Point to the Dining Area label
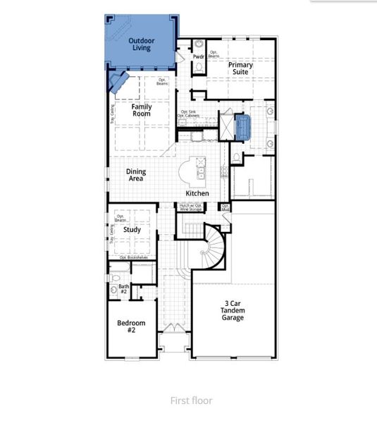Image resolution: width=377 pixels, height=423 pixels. (x=136, y=175)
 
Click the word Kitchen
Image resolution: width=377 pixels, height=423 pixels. (x=197, y=193)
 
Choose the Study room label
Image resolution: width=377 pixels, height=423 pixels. (x=132, y=230)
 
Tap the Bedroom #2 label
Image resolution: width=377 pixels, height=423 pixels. (x=131, y=327)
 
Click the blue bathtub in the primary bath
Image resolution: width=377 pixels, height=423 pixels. (x=244, y=127)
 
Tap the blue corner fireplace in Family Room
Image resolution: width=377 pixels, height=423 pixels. (x=117, y=82)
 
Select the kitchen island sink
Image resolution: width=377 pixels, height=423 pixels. (x=200, y=170)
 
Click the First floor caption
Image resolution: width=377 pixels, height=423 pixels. (x=191, y=400)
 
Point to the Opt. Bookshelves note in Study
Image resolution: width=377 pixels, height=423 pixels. (x=133, y=257)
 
